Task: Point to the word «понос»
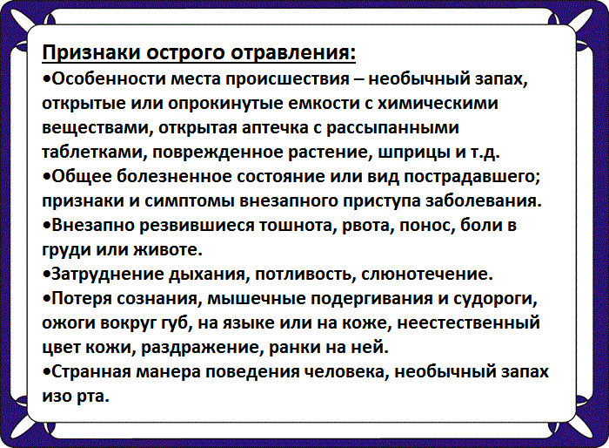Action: [411, 226]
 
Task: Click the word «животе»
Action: [167, 250]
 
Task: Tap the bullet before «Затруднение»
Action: [46, 275]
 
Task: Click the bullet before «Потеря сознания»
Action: [46, 299]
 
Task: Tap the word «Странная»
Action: [90, 372]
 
